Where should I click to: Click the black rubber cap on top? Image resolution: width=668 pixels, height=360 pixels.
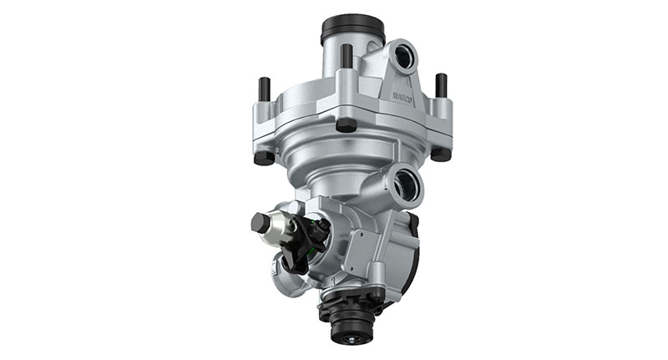click(x=352, y=28)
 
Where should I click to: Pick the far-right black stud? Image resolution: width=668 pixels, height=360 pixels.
click(x=441, y=84)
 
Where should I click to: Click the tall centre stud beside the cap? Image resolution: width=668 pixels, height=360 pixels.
click(x=346, y=57)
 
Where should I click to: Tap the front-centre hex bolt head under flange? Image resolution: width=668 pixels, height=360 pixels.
click(x=346, y=124)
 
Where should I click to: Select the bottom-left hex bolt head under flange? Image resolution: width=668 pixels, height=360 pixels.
click(x=263, y=156)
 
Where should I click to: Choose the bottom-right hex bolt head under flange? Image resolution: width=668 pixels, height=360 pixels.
click(x=440, y=153)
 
